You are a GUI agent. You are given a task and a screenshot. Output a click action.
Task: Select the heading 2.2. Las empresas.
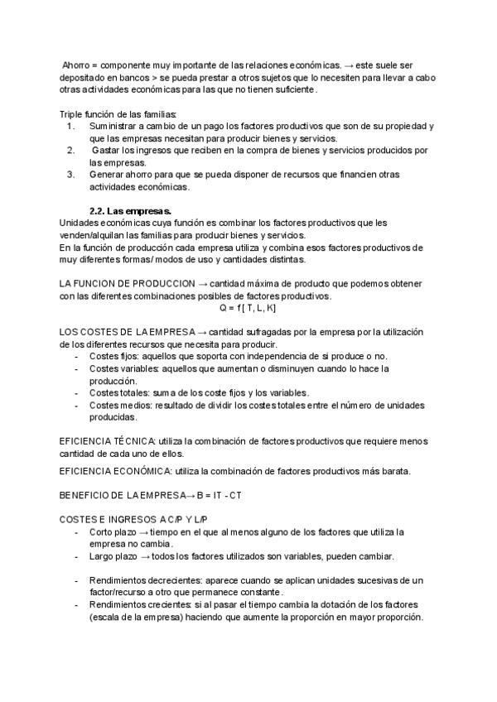click(x=130, y=210)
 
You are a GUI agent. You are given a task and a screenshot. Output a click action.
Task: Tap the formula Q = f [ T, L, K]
click(x=248, y=307)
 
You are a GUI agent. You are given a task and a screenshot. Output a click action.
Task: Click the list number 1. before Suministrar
click(x=70, y=126)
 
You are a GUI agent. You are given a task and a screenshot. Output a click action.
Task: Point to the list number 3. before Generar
click(x=70, y=175)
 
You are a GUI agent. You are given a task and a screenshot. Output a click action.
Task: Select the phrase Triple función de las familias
click(x=118, y=113)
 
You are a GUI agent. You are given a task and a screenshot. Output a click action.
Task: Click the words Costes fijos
click(x=113, y=356)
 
